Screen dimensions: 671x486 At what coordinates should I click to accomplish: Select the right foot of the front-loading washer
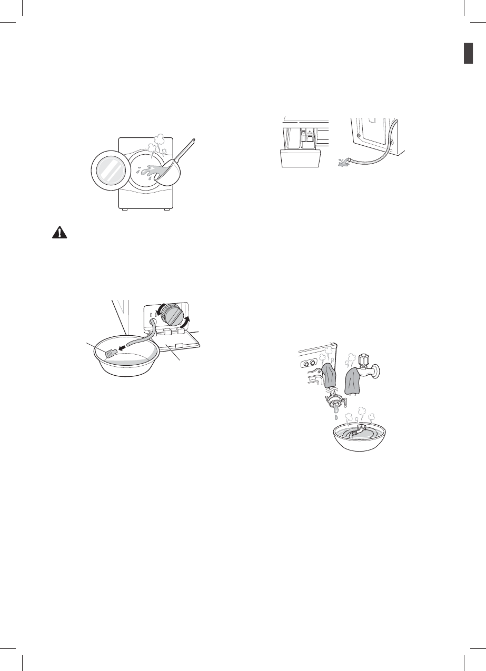pos(166,209)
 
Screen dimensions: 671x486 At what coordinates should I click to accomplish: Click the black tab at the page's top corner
pos(471,54)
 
